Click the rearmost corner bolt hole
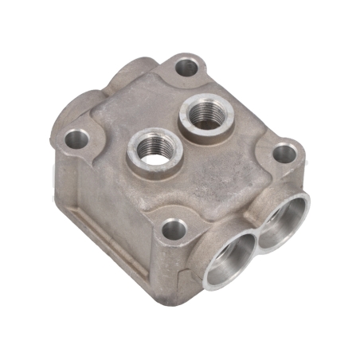click(x=186, y=68)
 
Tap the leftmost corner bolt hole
click(x=76, y=140)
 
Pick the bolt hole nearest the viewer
click(x=174, y=231)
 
